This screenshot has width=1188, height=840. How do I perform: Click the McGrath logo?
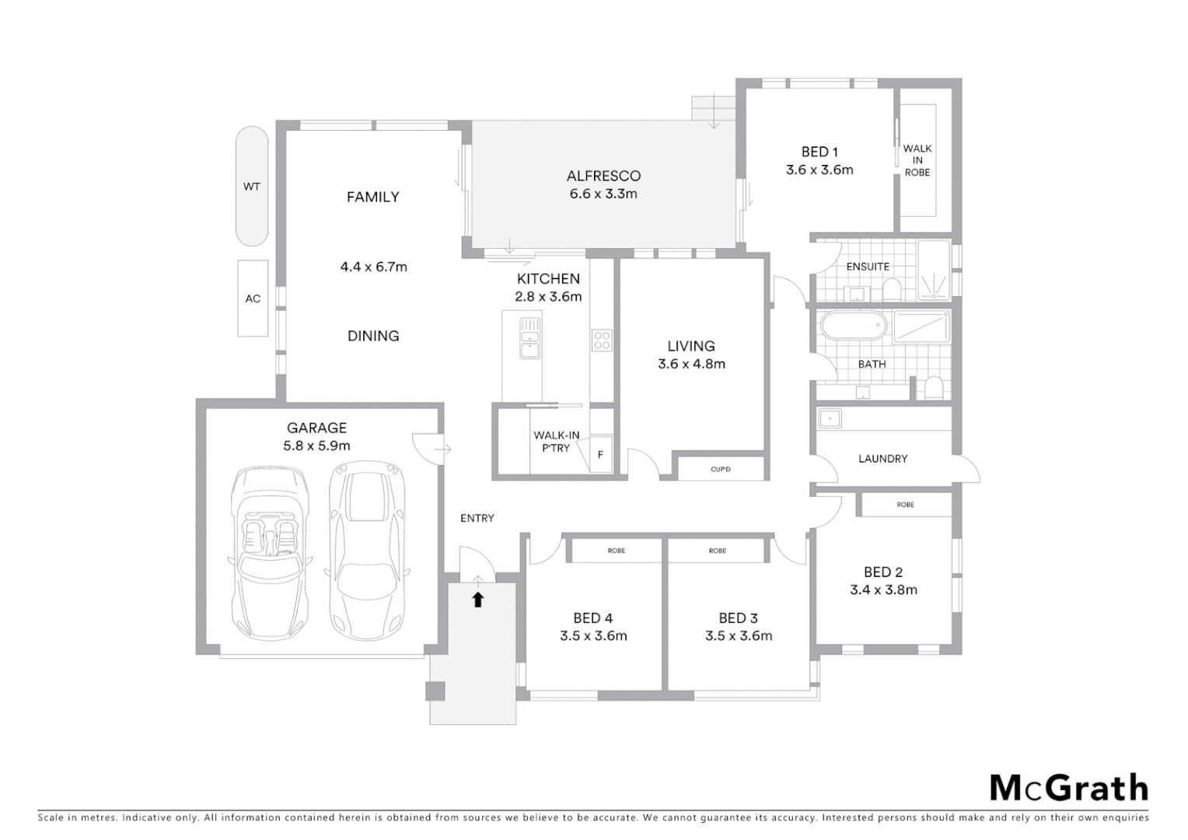[x=1068, y=788]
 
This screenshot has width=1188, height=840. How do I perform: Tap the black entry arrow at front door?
[x=478, y=599]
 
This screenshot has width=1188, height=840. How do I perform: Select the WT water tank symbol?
[x=252, y=187]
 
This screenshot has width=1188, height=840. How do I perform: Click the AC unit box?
[x=253, y=298]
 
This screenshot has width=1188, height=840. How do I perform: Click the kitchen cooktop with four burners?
[x=602, y=340]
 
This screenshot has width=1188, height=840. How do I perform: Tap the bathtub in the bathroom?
[x=852, y=326]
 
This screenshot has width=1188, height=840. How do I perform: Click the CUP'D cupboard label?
[x=721, y=469]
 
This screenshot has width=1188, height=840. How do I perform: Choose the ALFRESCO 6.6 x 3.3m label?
[x=603, y=185]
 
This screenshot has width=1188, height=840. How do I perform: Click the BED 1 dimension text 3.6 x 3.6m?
[x=819, y=170]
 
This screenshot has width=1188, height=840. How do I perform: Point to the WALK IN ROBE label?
[x=917, y=160]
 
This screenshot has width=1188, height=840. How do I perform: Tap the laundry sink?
[x=830, y=418]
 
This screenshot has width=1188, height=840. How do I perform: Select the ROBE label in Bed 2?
[x=905, y=505]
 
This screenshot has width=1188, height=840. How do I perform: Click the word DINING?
[x=373, y=336]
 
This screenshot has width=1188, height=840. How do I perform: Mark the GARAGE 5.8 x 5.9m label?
[x=316, y=436]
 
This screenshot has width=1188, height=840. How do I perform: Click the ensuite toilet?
[x=891, y=290]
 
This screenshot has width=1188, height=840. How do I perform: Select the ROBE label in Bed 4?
[x=617, y=551]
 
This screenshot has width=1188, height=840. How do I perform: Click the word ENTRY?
[x=477, y=518]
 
